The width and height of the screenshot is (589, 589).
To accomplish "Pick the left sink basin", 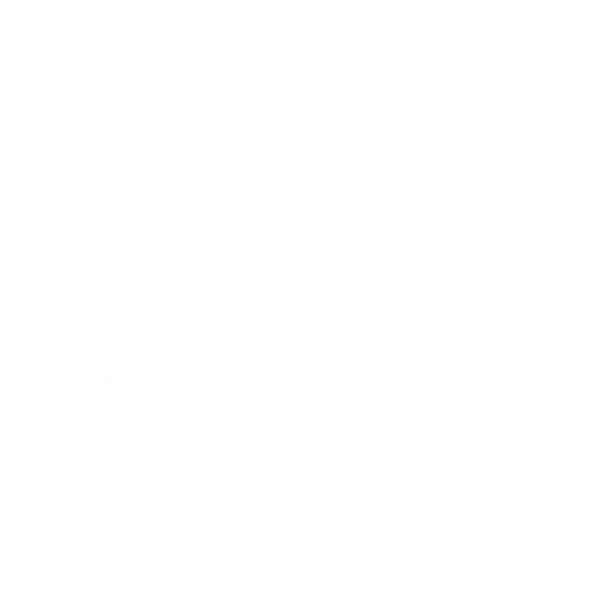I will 274,196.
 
